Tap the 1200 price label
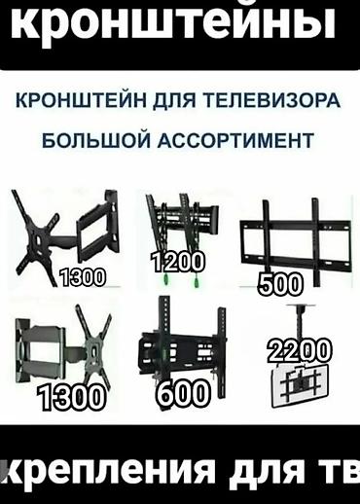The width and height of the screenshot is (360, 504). (179, 261)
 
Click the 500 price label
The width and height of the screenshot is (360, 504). (280, 284)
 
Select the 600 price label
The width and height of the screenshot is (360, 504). (182, 393)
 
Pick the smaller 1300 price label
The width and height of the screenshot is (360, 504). (82, 278)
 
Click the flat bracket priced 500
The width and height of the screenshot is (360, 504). (294, 238)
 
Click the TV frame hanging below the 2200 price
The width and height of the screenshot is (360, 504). (304, 384)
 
